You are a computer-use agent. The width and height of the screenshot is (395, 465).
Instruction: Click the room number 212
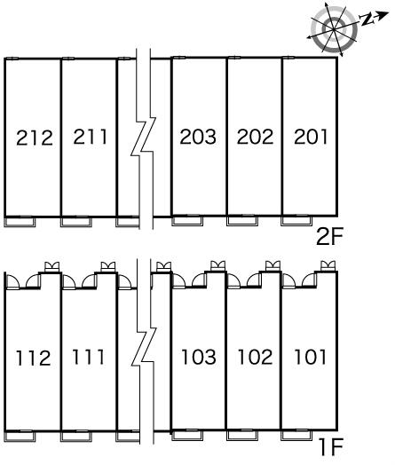[x=35, y=138]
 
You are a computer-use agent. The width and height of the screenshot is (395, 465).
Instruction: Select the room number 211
[x=91, y=137]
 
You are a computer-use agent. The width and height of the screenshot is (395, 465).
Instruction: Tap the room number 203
[x=198, y=137]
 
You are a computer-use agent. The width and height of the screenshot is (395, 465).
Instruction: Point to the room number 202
[x=255, y=137]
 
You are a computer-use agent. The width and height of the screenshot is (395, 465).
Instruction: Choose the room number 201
[x=311, y=137]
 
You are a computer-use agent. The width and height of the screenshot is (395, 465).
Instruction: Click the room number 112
[x=33, y=358]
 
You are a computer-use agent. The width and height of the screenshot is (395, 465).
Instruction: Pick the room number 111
[x=89, y=357]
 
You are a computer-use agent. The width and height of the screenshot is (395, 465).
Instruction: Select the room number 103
[x=199, y=357]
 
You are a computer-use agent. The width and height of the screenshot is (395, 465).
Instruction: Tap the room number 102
[x=255, y=357]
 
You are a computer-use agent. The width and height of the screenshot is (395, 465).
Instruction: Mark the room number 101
[x=310, y=357]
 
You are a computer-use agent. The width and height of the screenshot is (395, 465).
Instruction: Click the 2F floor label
[x=329, y=236]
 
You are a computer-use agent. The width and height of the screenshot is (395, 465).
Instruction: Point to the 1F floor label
[x=332, y=447]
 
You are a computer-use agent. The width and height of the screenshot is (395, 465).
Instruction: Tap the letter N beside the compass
[x=367, y=20]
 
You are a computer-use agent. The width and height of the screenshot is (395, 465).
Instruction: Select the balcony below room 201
[x=296, y=221]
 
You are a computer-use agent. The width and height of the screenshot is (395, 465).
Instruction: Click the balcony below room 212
[x=20, y=222]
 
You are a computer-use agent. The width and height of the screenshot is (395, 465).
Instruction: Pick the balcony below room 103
[x=187, y=435]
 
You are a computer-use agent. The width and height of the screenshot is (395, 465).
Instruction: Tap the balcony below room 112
[x=20, y=437]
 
